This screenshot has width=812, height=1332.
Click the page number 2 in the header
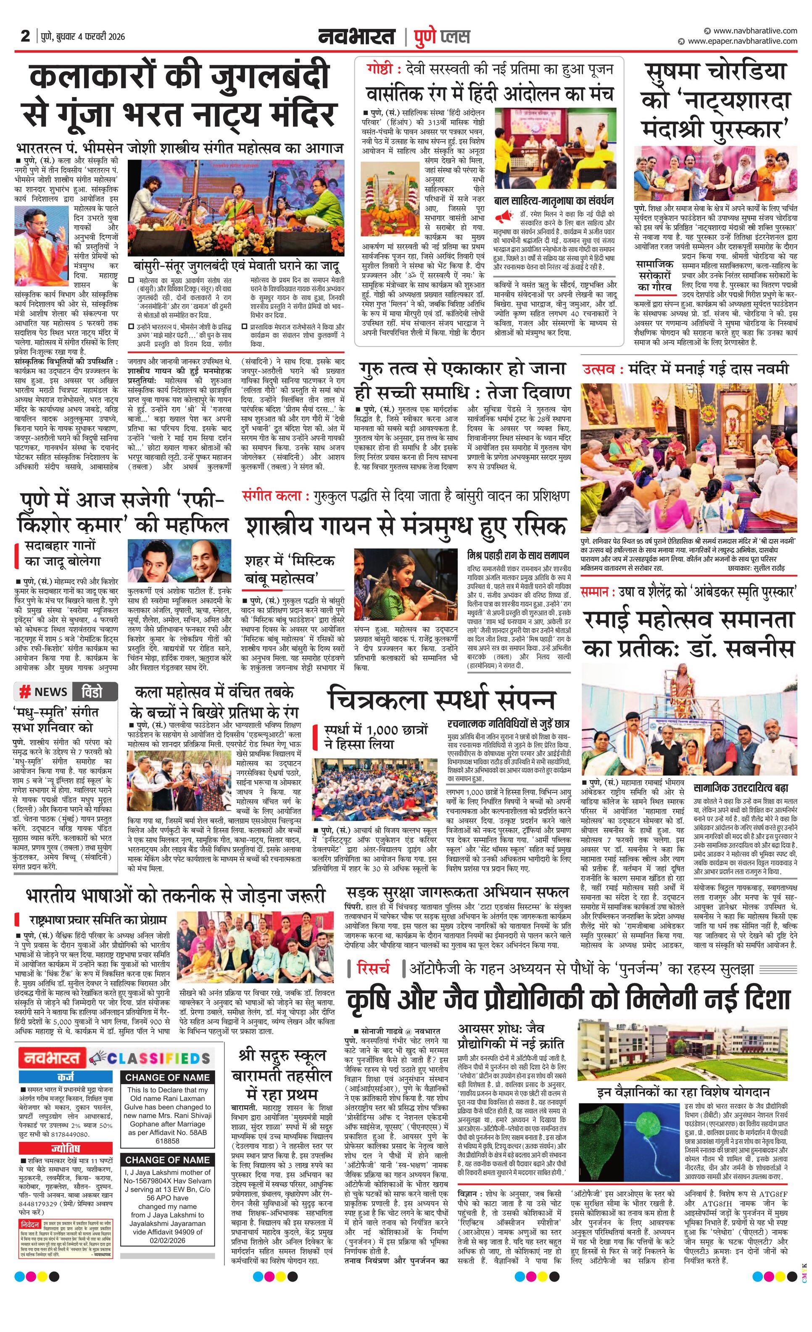[x=25, y=36]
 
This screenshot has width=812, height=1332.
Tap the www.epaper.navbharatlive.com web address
[x=742, y=41]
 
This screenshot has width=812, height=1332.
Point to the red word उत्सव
[x=598, y=369]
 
